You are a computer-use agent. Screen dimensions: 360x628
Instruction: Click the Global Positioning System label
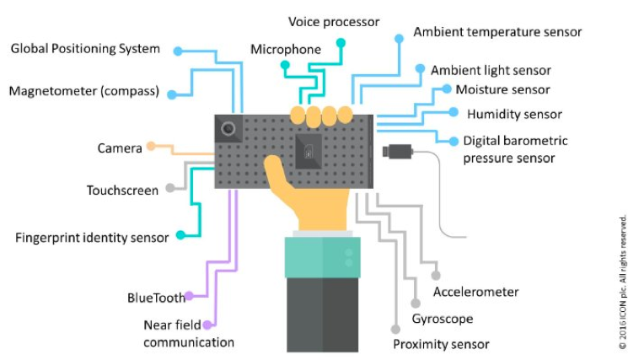click(x=84, y=49)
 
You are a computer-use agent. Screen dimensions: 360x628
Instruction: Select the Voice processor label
click(x=334, y=21)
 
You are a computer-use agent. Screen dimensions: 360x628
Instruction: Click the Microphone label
click(x=286, y=50)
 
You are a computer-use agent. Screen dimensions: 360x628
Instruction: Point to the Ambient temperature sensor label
click(x=497, y=33)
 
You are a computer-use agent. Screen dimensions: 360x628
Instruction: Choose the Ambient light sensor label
click(x=491, y=71)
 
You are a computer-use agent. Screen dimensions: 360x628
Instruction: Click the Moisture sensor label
click(x=502, y=89)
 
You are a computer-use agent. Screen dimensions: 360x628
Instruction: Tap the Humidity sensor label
click(x=514, y=114)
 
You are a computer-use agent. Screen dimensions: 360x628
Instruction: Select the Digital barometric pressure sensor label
click(x=515, y=149)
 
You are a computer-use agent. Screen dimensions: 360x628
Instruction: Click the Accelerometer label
click(x=475, y=293)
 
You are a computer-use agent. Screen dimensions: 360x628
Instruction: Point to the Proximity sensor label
click(x=441, y=344)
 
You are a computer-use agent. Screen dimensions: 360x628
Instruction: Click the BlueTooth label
click(x=155, y=298)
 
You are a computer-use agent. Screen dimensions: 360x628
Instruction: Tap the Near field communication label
click(x=188, y=334)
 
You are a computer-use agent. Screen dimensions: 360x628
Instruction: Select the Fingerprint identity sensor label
click(x=92, y=237)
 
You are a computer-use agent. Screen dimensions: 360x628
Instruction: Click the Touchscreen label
click(x=122, y=191)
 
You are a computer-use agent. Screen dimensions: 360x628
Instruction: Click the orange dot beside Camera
click(x=151, y=146)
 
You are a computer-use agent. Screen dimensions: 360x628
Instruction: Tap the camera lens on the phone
click(x=228, y=129)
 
